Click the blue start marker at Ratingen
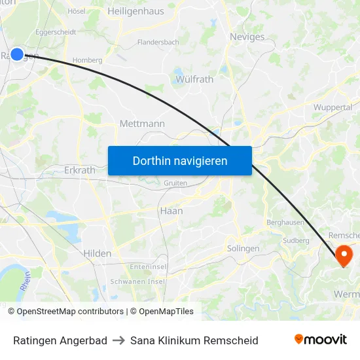[x=17, y=55]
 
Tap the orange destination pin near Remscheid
[x=344, y=254]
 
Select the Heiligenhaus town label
[x=135, y=11]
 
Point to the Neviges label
[x=247, y=37]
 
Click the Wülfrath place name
[x=194, y=79]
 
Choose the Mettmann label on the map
[x=142, y=124]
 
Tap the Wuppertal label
[x=333, y=107]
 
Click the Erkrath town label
[x=80, y=170]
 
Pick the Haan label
[x=171, y=211]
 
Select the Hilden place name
[x=98, y=253]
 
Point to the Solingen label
[x=243, y=249]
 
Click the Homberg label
[x=87, y=60]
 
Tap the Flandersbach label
[x=158, y=43]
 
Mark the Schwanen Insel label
[x=137, y=281]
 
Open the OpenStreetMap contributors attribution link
[x=70, y=312]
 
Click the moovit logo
[x=321, y=340]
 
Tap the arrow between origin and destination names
[x=118, y=340]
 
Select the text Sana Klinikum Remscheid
[x=194, y=340]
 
